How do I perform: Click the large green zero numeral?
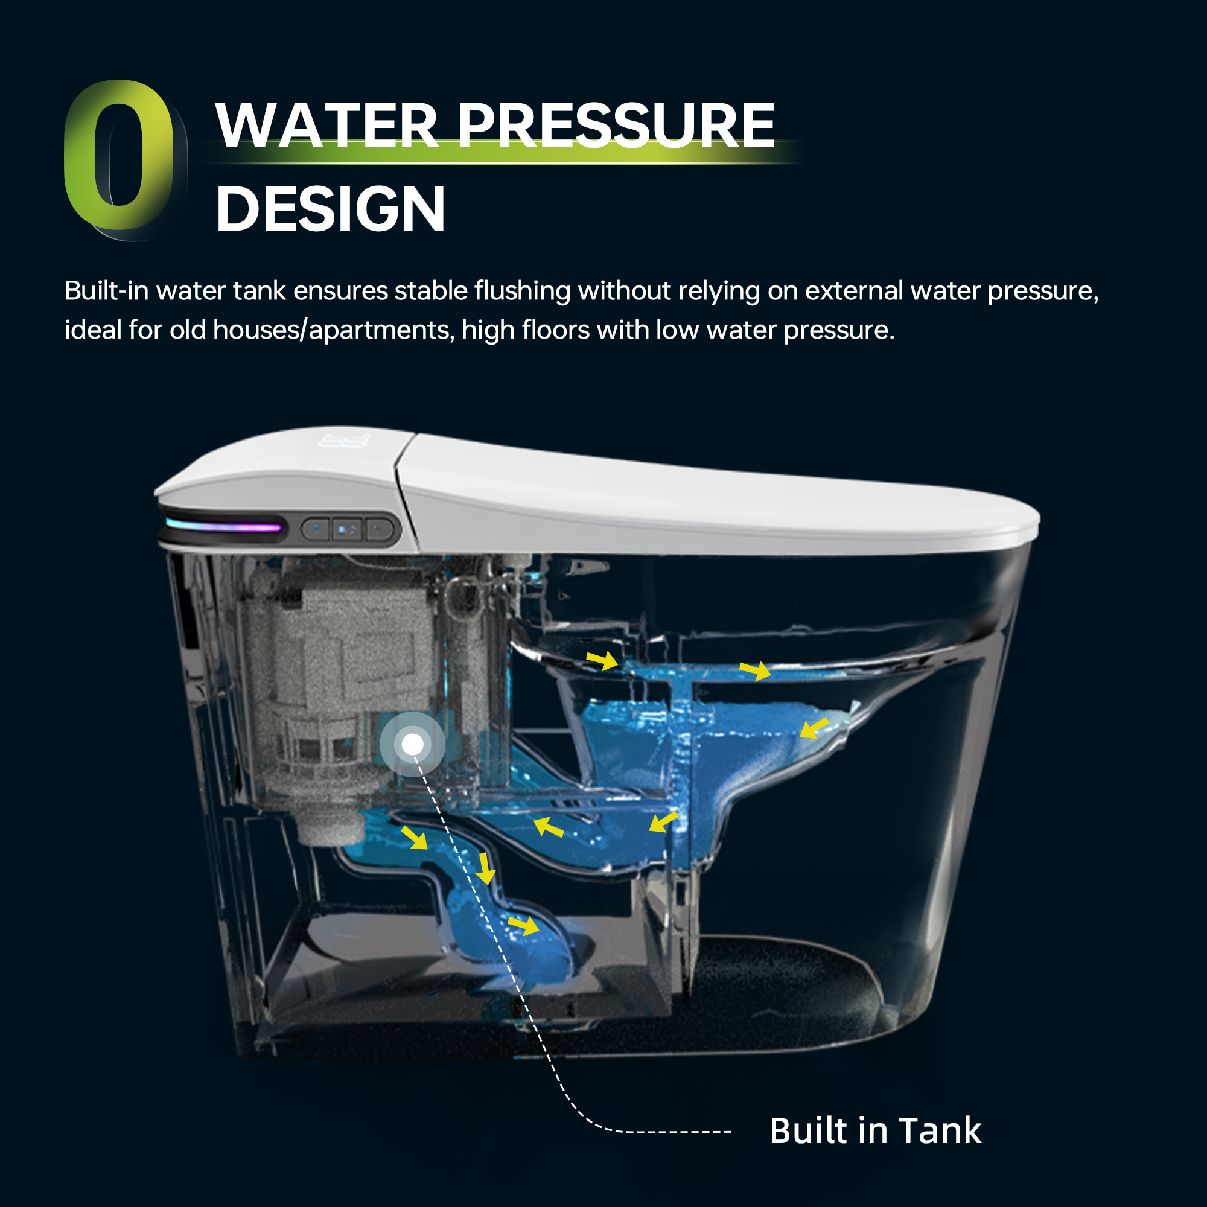point(119,156)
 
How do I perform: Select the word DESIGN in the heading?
point(331,209)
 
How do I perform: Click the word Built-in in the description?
point(106,290)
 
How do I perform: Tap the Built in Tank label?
point(875,1130)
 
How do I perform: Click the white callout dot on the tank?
point(412,744)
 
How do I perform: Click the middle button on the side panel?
point(348,530)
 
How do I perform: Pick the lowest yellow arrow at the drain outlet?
point(523,925)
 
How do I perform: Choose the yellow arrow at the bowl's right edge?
point(815,728)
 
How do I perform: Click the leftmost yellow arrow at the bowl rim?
point(602,660)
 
